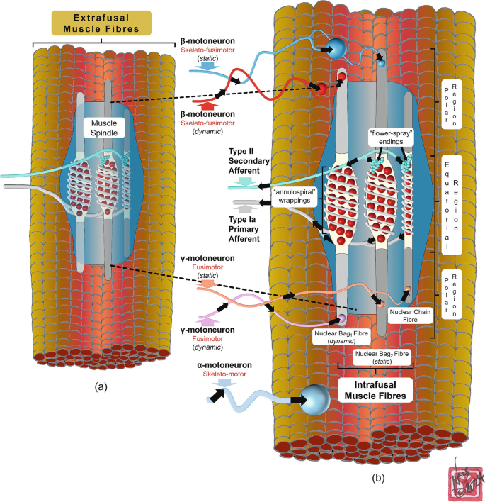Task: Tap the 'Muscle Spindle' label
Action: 104,128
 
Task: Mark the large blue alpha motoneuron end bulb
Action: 316,401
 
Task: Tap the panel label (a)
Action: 101,388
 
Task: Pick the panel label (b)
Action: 379,477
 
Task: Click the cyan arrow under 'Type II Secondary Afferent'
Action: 243,184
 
